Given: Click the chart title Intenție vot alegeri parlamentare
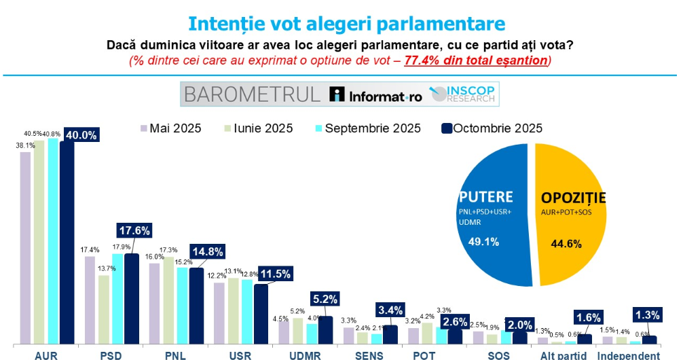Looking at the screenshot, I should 346,23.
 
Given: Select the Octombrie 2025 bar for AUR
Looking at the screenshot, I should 67,245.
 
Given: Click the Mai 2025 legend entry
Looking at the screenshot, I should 170,128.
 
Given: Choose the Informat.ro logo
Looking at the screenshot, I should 375,95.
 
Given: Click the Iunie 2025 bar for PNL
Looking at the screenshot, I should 168,300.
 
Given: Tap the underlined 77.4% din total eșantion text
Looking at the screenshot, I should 476,60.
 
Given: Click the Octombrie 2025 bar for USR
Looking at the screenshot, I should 260,314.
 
